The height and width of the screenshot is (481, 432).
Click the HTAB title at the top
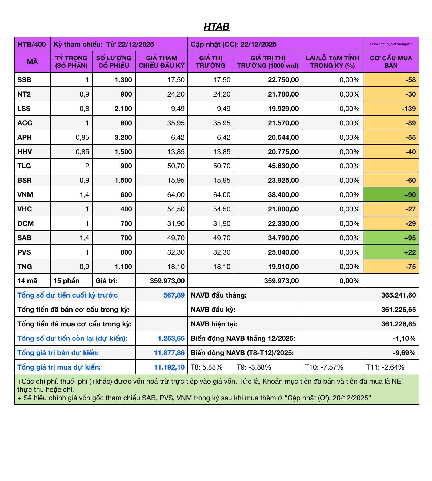click(x=216, y=26)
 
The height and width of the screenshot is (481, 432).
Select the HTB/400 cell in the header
click(x=32, y=44)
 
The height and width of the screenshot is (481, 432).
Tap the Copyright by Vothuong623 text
click(x=391, y=44)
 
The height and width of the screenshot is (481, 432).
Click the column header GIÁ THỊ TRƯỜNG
click(x=210, y=62)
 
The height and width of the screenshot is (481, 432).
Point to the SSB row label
click(x=24, y=80)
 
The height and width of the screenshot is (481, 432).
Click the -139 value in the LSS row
click(x=408, y=109)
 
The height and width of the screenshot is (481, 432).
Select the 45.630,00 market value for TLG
click(x=283, y=166)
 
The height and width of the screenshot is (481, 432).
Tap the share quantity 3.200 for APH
click(x=123, y=137)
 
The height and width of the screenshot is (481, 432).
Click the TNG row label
click(x=25, y=267)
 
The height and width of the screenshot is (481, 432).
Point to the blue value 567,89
click(x=174, y=295)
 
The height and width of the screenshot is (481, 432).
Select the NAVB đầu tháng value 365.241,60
click(x=398, y=295)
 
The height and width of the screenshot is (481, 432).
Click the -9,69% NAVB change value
click(x=404, y=353)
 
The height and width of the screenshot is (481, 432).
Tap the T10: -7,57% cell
click(x=324, y=367)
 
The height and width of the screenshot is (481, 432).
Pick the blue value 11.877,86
click(x=169, y=353)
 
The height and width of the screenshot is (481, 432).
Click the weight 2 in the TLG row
click(x=87, y=166)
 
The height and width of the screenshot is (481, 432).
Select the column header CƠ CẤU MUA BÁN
click(x=391, y=62)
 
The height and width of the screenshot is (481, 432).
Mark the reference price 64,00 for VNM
click(x=176, y=195)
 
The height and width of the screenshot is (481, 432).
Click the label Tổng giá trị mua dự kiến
click(x=59, y=367)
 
